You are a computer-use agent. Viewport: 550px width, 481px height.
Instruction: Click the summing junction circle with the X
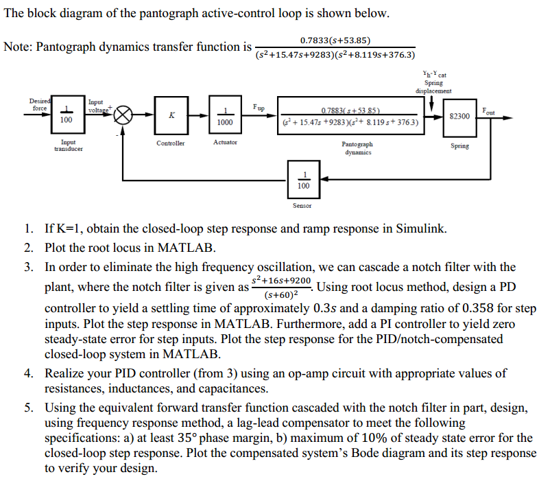(x=123, y=116)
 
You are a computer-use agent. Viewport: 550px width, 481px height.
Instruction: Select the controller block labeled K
(x=170, y=116)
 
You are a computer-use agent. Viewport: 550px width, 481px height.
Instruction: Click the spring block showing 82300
(x=459, y=116)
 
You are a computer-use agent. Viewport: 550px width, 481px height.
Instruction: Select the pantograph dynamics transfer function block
(x=350, y=116)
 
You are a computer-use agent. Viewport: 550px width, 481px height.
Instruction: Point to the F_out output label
(x=488, y=110)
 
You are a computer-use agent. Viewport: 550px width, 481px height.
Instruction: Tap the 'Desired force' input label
(x=39, y=104)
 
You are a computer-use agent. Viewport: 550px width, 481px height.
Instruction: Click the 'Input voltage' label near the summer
(x=96, y=105)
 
